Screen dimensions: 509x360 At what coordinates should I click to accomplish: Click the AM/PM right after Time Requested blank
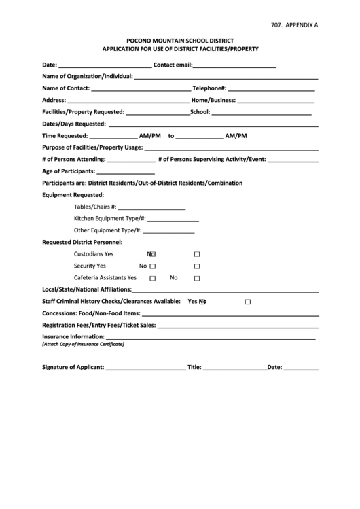149,135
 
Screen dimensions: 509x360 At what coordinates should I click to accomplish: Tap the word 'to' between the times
171,135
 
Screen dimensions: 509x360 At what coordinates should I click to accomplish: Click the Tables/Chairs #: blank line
151,208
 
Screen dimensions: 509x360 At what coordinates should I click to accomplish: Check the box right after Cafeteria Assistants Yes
152,278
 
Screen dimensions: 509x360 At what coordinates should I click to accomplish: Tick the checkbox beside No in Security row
152,266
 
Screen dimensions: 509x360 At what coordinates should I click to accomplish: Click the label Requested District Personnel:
82,243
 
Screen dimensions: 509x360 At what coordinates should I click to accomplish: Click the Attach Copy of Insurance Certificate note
83,345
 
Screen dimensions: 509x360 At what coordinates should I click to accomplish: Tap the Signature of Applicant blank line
145,369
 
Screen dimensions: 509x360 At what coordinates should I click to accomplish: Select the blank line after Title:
234,369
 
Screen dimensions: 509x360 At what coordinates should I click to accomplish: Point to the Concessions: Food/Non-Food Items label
91,313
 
